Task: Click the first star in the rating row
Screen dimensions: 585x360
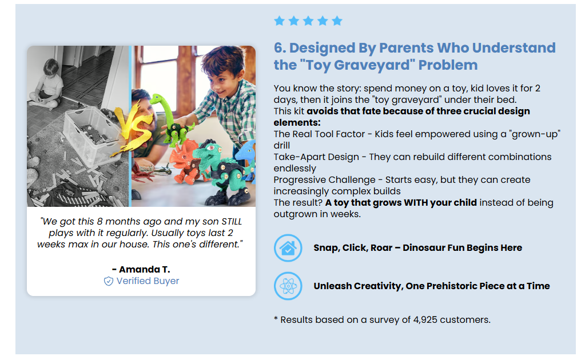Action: [x=279, y=21]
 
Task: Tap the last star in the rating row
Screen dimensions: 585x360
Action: [x=337, y=21]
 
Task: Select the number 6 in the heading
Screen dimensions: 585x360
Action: [x=278, y=48]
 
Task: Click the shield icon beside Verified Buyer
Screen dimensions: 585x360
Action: [x=108, y=281]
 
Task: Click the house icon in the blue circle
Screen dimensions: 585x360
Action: [x=288, y=248]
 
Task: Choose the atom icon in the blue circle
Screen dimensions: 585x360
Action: [x=288, y=286]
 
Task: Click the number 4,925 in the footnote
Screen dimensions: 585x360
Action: [x=425, y=320]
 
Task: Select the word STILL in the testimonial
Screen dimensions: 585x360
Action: [x=232, y=221]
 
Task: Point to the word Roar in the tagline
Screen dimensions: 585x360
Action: [x=381, y=248]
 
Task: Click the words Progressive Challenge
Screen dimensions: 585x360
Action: [x=325, y=180]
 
